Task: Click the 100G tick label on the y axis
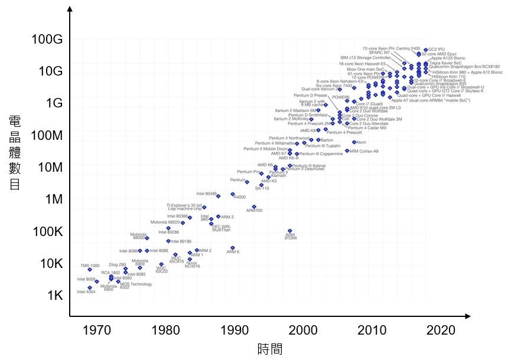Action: coord(45,40)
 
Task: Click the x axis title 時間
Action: coord(270,349)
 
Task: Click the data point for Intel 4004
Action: coord(90,288)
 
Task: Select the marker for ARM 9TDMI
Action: coord(289,231)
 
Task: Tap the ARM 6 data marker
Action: coord(233,248)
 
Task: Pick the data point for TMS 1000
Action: coord(90,270)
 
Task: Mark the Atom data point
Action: coord(354,142)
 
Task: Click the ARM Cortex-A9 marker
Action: coord(347,151)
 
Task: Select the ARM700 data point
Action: coord(254,207)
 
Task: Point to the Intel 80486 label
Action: coord(206,194)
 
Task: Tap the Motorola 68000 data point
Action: coord(147,238)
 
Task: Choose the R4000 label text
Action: coord(239,197)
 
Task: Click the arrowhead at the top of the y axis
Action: coord(70,8)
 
